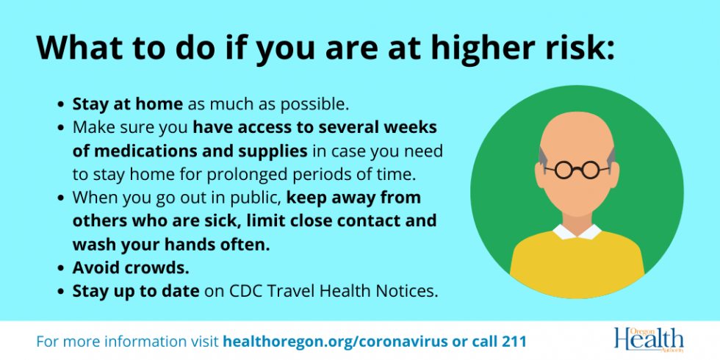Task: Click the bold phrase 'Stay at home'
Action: pos(128,104)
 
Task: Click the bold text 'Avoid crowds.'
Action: pos(131,268)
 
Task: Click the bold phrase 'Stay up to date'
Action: pos(136,292)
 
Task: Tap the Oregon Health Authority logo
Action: pos(649,340)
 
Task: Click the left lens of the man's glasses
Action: pos(564,170)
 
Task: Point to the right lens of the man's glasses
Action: pos(590,170)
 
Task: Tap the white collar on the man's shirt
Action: pos(577,232)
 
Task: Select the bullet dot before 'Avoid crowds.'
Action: pos(60,269)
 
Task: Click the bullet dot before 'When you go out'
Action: pos(60,199)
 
